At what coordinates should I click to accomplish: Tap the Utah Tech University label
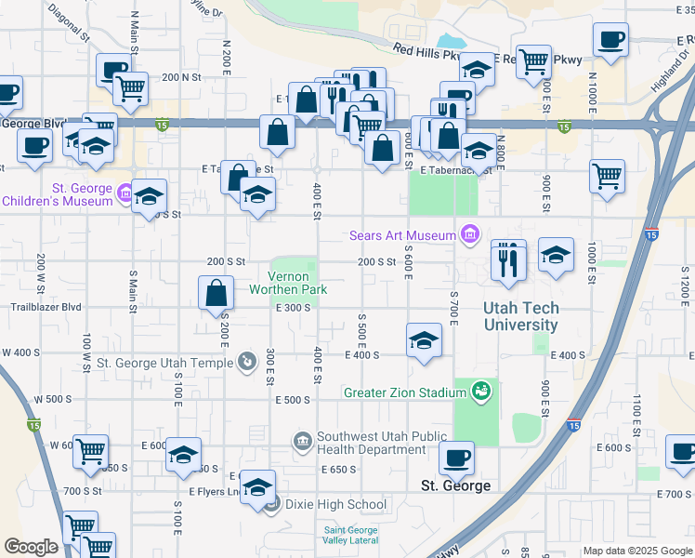click(520, 316)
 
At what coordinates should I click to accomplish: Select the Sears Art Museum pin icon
click(470, 234)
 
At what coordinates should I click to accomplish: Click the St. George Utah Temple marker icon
click(246, 361)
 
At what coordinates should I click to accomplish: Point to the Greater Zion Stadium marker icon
click(480, 392)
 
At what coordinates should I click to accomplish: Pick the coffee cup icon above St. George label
click(457, 458)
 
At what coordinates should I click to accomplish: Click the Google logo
click(31, 547)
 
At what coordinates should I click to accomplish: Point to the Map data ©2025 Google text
click(637, 551)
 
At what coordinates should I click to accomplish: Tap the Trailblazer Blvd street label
click(46, 307)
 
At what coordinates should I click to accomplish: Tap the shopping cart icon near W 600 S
click(90, 452)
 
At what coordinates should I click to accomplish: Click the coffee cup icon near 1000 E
click(610, 40)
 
